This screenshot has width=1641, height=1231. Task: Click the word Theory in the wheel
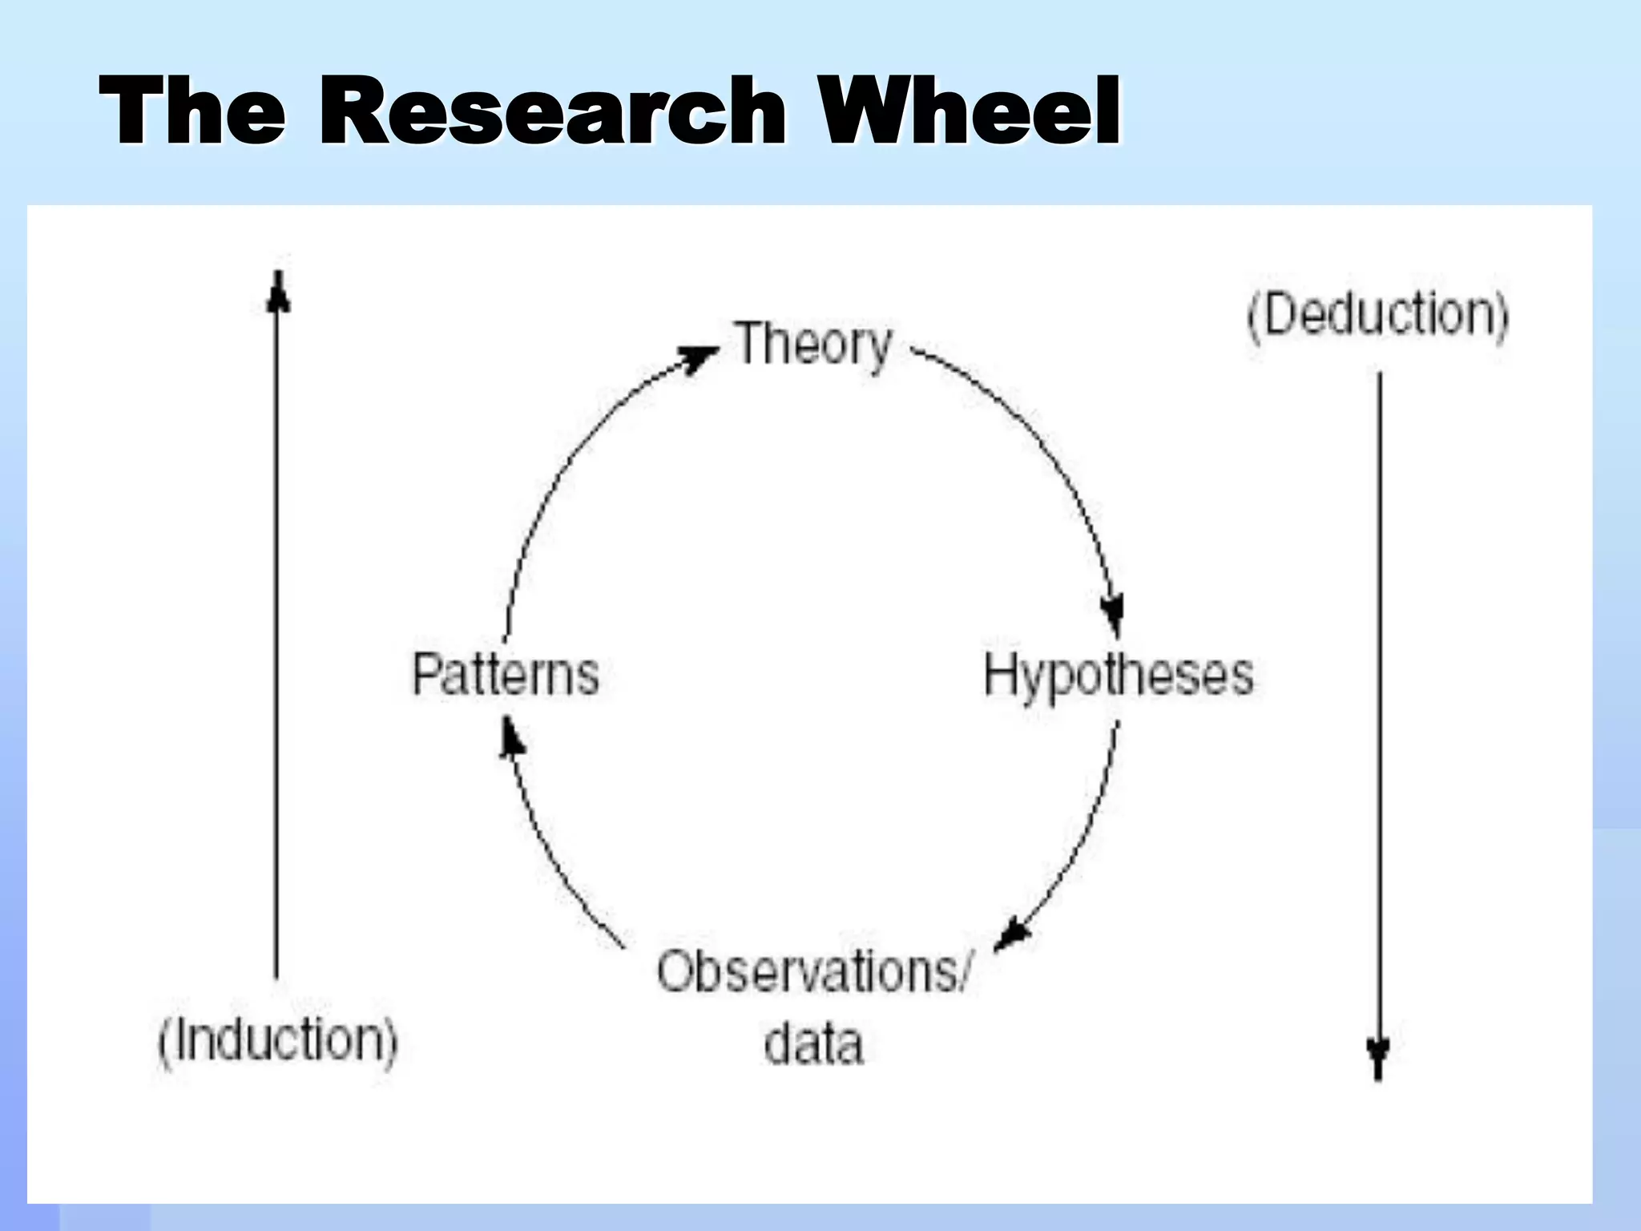click(x=812, y=345)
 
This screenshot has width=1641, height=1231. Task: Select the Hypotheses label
click(x=1119, y=676)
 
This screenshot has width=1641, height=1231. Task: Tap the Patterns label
click(x=506, y=674)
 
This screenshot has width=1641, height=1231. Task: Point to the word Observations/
click(x=814, y=971)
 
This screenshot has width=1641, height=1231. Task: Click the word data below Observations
click(x=814, y=1043)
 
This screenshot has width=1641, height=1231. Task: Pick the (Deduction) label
click(x=1377, y=315)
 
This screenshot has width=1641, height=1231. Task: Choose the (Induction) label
click(x=277, y=1040)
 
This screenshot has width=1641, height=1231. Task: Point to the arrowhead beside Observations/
click(x=1015, y=935)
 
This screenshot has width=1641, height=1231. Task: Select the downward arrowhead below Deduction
click(x=1378, y=1058)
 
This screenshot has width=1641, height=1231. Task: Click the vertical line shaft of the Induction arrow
click(x=277, y=641)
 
